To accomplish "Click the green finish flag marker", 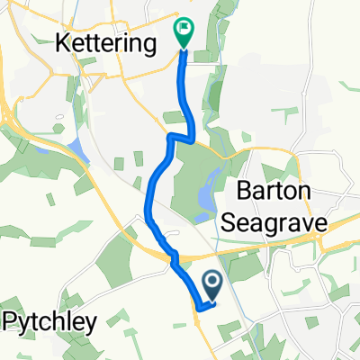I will (184, 30).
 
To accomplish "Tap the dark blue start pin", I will (213, 287).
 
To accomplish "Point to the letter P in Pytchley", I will (11, 322).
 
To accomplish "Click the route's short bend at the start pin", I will (200, 305).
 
